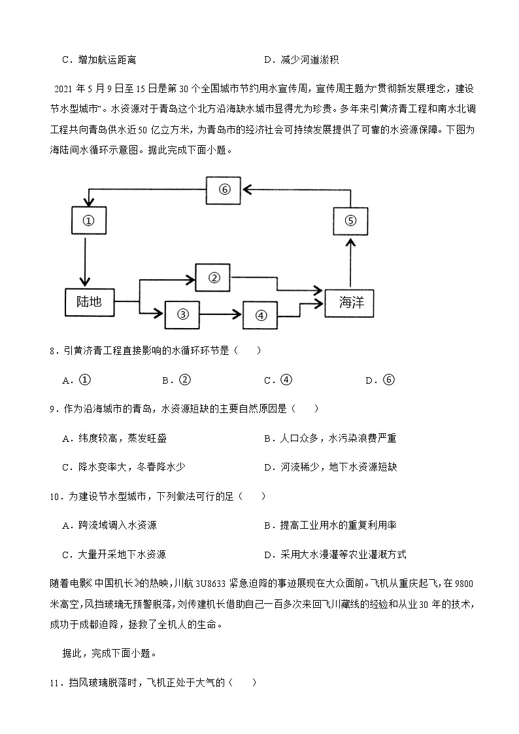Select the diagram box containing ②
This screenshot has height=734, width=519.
coord(213,277)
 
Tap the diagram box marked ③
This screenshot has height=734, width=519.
coord(182,314)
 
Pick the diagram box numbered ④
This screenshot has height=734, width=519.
coord(261,315)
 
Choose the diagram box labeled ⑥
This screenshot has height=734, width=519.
coord(224,189)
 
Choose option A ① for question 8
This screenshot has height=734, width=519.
coord(76,380)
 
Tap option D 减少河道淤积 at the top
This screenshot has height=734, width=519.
coord(301,60)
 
